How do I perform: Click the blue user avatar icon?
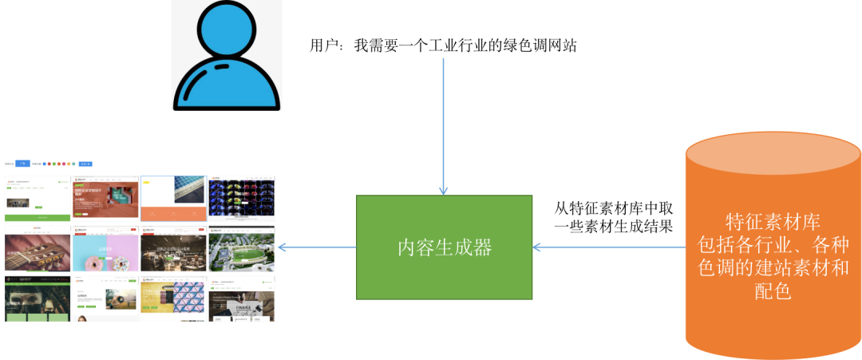(x=226, y=60)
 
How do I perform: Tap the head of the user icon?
(x=226, y=30)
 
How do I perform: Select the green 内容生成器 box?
(x=444, y=247)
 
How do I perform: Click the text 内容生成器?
(x=444, y=247)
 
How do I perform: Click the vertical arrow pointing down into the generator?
(x=444, y=128)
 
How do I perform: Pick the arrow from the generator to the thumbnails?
(x=317, y=247)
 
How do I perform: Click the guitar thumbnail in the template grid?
(x=37, y=252)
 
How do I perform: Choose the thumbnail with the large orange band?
(x=173, y=198)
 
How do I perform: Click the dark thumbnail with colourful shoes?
(x=241, y=198)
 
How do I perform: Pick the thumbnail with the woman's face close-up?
(x=37, y=299)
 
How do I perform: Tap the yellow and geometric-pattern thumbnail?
(x=173, y=299)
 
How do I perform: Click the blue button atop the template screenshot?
(x=23, y=163)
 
